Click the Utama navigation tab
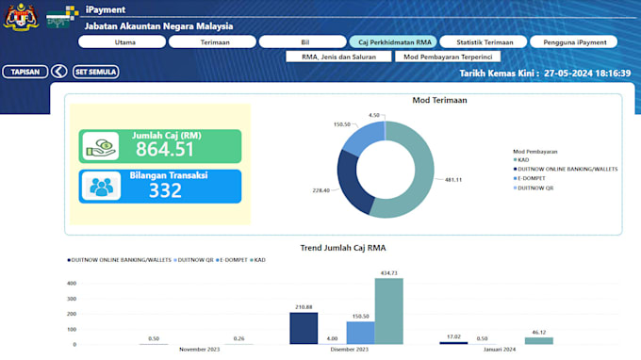coord(124,41)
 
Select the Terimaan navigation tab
coord(214,41)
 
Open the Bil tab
coord(304,41)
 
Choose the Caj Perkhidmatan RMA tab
coord(395,41)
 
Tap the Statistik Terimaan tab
coord(485,41)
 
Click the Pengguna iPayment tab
coord(573,41)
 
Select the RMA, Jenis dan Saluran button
coord(338,57)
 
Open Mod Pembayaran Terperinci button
coord(448,57)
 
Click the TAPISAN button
coord(25,72)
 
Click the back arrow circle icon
coord(58,72)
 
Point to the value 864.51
coord(165,149)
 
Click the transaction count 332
coord(165,190)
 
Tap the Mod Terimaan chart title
coord(439,100)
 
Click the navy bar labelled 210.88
coord(304,328)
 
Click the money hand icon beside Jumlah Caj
coord(101,145)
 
